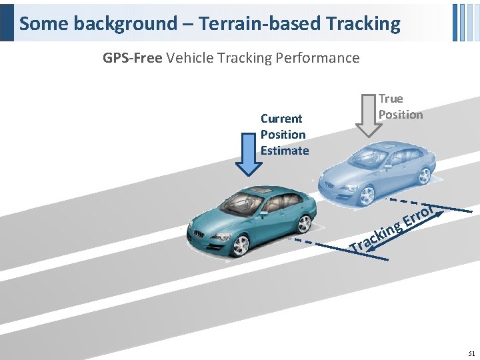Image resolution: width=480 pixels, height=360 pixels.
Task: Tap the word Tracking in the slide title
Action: tap(363, 24)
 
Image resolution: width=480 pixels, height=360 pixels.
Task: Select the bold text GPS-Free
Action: tap(132, 58)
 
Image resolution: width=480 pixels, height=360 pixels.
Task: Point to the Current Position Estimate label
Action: tap(284, 134)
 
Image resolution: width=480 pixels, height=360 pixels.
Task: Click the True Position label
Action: tap(400, 107)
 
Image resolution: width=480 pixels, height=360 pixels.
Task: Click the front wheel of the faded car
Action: tap(366, 195)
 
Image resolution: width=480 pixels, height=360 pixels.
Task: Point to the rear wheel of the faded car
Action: tap(423, 175)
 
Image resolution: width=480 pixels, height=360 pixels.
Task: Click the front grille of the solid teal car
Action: tap(200, 234)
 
